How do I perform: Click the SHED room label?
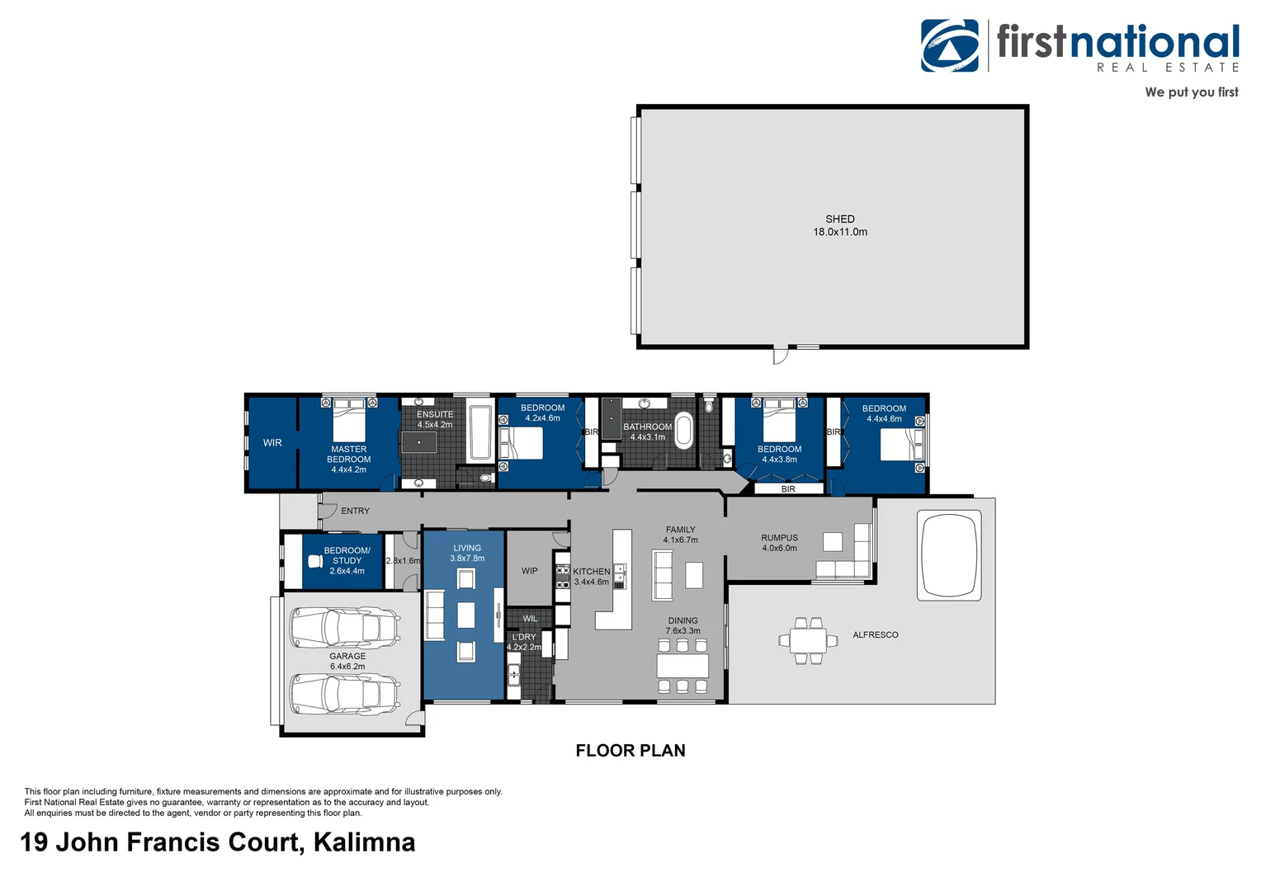click(840, 219)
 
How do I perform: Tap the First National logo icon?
click(950, 46)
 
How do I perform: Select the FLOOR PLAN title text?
click(630, 751)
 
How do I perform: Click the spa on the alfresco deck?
click(949, 555)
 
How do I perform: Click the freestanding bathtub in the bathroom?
click(683, 430)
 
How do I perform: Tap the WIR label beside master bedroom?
click(272, 443)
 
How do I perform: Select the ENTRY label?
click(356, 511)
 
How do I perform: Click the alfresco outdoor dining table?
click(808, 640)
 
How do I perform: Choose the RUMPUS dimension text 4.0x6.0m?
click(780, 549)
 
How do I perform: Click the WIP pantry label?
click(530, 571)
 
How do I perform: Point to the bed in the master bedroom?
click(349, 420)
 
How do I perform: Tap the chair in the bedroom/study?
click(315, 562)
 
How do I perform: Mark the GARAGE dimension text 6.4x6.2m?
click(347, 667)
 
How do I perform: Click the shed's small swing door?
click(780, 356)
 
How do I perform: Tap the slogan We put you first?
click(1191, 92)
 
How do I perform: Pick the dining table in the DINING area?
click(682, 665)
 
